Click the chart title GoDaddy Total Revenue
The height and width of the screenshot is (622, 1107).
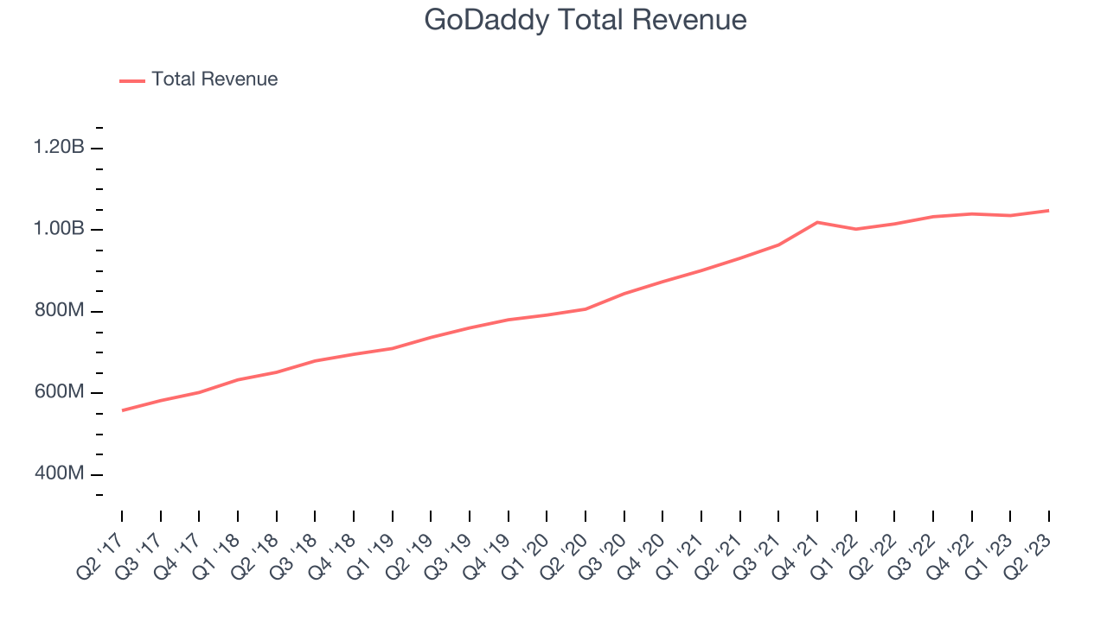(585, 20)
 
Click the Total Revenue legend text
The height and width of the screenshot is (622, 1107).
(214, 79)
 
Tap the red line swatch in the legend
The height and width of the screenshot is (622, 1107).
(132, 80)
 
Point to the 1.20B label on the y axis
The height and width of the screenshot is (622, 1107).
(59, 148)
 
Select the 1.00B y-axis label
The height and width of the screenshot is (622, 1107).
(59, 230)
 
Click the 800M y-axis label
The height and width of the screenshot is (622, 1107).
(59, 311)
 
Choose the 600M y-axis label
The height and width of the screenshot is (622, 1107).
(59, 393)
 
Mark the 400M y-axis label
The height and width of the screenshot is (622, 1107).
(59, 474)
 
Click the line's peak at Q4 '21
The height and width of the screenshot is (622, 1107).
(817, 222)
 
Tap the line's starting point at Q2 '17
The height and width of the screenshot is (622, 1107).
(122, 410)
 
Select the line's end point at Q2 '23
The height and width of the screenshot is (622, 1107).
(1049, 211)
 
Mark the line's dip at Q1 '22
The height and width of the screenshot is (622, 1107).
(856, 229)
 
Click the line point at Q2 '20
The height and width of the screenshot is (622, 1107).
(585, 309)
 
